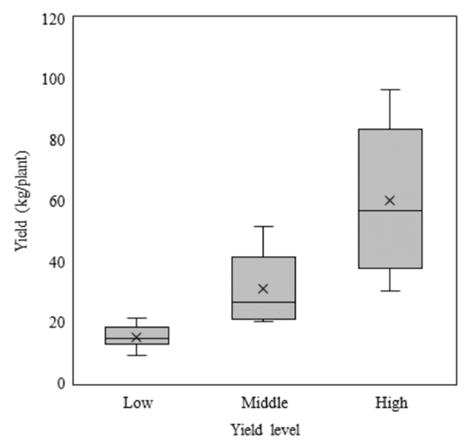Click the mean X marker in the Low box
pos(137,337)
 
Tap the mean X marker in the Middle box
pos(263,289)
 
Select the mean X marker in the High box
pos(390,201)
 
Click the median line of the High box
pos(390,211)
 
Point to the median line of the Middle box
pos(264,302)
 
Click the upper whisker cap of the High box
pos(390,90)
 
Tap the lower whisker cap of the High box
pos(390,291)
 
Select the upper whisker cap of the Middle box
pos(263,226)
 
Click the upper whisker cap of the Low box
pos(137,318)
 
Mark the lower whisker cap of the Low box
pos(137,356)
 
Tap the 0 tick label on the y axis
pos(61,384)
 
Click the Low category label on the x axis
pos(138,403)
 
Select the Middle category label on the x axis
pos(264,403)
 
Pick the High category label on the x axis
pos(391,404)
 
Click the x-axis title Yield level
pos(265,430)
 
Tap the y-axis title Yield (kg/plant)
pos(22,201)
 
